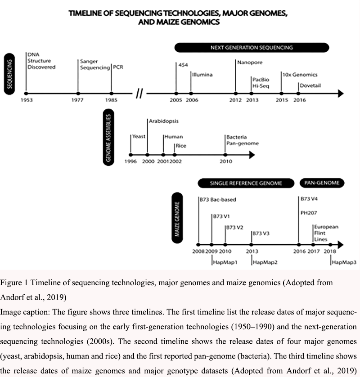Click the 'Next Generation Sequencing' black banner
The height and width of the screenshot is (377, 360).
coord(252,47)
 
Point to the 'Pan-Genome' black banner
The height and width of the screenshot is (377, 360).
coord(322,183)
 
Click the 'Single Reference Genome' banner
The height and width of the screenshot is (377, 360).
coord(246,183)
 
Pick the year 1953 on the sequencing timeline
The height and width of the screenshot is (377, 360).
coord(27,100)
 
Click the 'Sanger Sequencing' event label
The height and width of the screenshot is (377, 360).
coord(94,64)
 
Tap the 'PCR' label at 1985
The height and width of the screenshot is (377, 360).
coord(118,67)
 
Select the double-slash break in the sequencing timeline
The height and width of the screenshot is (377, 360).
coord(139,94)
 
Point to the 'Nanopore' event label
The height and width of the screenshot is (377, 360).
coord(250,62)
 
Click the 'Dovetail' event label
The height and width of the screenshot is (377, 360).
coord(310,85)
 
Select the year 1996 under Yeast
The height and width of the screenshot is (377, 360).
coord(131,162)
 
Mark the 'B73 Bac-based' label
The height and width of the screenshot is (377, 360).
coord(218,199)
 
